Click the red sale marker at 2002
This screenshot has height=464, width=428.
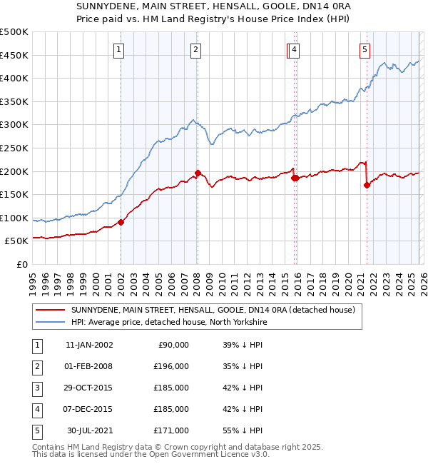121,222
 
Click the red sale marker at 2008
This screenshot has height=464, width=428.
198,173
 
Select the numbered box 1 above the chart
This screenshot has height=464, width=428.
118,49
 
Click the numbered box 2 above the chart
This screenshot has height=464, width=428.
195,49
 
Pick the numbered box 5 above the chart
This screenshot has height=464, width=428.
365,49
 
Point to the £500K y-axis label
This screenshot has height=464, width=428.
14,32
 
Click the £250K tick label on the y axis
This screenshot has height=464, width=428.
14,148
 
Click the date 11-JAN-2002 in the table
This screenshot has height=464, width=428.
89,345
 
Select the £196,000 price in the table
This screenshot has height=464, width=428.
171,366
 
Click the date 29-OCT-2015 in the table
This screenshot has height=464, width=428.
89,388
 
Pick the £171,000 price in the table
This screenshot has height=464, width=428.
171,430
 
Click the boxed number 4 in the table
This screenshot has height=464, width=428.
36,409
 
